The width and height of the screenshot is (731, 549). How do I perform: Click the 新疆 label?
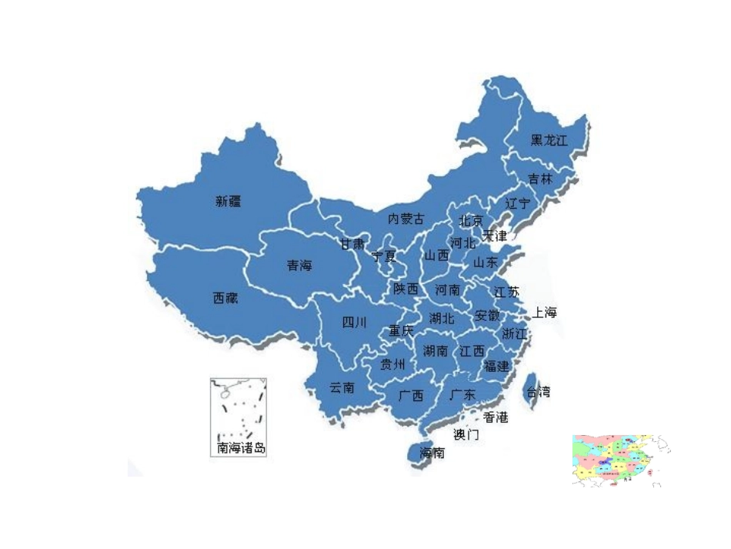click(x=229, y=202)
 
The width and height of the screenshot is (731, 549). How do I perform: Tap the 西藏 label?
click(x=225, y=298)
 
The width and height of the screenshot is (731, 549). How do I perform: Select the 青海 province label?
click(x=299, y=266)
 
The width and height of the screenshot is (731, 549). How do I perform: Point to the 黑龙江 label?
click(x=549, y=140)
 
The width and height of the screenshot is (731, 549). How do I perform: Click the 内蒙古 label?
click(x=406, y=219)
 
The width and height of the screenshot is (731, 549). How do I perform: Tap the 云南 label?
click(x=342, y=387)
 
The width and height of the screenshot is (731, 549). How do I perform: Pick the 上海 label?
click(x=544, y=313)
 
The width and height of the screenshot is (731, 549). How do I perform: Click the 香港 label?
click(x=496, y=417)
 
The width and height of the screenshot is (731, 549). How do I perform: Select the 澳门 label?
click(x=466, y=434)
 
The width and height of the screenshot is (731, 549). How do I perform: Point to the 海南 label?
click(x=432, y=453)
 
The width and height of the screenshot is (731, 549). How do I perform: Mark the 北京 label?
click(x=471, y=220)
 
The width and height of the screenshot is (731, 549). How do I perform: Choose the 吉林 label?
click(x=540, y=179)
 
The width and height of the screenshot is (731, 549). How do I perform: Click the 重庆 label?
click(x=401, y=330)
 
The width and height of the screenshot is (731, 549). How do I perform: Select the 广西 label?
click(x=411, y=396)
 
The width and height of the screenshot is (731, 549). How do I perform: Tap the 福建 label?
click(x=496, y=366)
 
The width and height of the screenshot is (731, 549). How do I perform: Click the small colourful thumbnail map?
click(x=619, y=460)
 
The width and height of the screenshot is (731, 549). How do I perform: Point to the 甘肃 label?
click(x=352, y=244)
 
